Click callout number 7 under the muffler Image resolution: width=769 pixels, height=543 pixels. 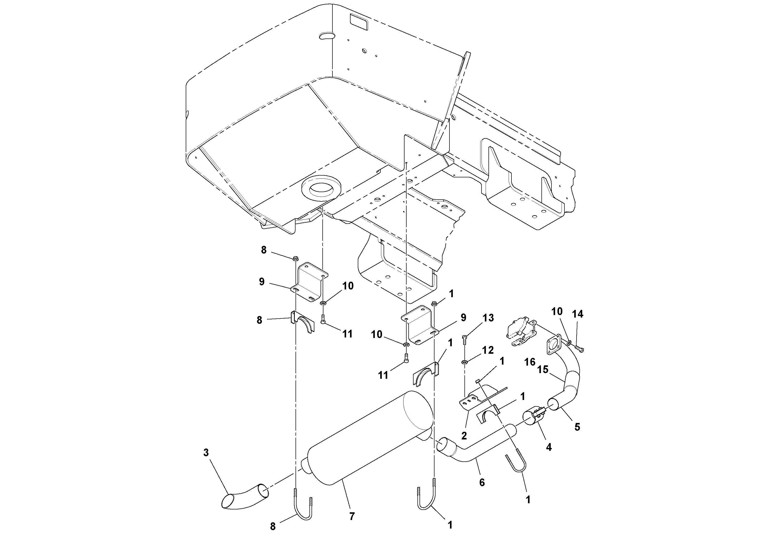point(352,517)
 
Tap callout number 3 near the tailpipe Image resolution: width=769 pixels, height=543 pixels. point(206,453)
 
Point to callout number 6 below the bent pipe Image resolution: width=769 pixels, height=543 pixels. point(482,482)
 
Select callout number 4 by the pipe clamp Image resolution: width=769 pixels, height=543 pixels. point(549,447)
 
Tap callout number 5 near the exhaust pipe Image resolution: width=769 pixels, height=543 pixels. point(577,427)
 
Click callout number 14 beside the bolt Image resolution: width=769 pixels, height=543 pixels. point(578,314)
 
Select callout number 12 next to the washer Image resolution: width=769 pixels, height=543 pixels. point(488,350)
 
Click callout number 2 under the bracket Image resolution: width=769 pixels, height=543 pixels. point(464,436)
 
